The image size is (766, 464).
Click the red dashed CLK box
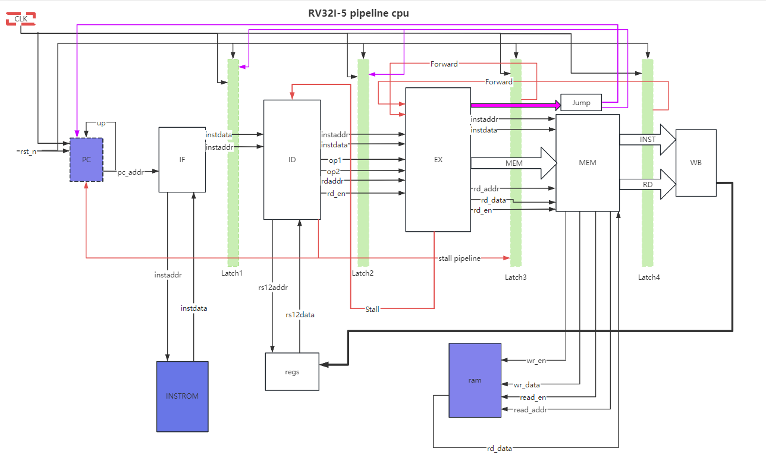(x=21, y=19)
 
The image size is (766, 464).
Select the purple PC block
(x=86, y=160)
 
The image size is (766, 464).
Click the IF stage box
(x=182, y=160)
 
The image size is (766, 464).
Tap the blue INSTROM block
(x=182, y=396)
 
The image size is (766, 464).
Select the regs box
(x=292, y=372)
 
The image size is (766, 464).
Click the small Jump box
(x=581, y=103)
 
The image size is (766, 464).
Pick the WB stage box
(x=696, y=162)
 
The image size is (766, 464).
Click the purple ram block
(x=475, y=380)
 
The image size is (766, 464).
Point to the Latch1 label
(x=232, y=273)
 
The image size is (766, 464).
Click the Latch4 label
(x=649, y=277)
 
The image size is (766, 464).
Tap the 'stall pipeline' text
(x=459, y=258)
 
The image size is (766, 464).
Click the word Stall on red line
(x=372, y=310)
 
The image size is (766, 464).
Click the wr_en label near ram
(x=536, y=361)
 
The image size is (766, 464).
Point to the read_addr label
(x=530, y=410)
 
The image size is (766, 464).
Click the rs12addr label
(x=272, y=288)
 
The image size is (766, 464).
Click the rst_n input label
(x=28, y=151)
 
